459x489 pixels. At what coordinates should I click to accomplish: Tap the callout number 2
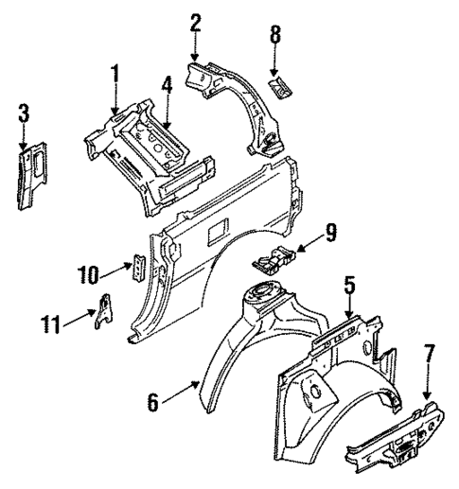(x=196, y=23)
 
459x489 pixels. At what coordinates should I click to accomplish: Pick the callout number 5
(x=349, y=283)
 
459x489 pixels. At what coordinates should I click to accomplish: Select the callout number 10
(x=88, y=275)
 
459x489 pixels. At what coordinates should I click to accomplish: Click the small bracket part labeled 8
(x=281, y=87)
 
